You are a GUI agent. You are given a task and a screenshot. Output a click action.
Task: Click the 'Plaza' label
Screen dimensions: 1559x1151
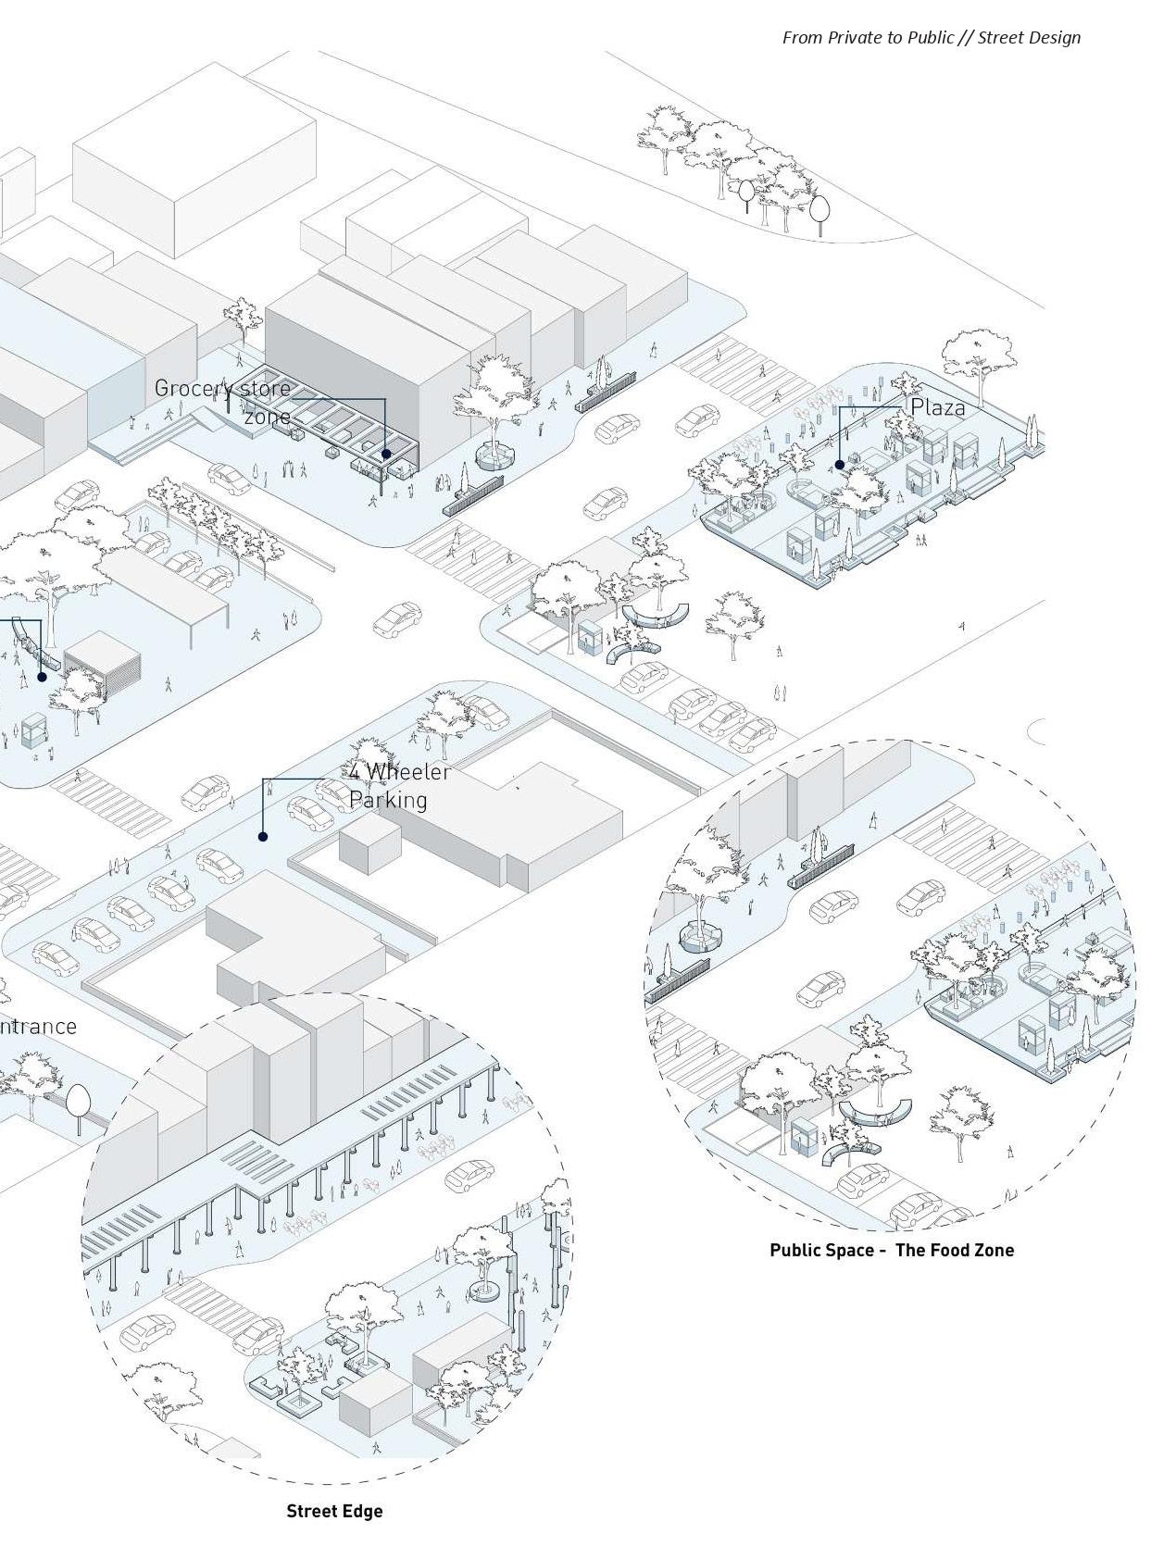937,407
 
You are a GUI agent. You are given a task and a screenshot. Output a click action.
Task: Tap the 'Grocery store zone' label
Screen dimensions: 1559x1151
223,402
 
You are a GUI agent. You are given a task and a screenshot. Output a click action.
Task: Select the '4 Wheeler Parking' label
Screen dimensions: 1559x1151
400,786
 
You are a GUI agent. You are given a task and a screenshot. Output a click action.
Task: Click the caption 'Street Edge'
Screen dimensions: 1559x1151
334,1511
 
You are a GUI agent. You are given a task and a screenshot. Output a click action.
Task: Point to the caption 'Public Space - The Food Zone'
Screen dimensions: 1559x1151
892,1250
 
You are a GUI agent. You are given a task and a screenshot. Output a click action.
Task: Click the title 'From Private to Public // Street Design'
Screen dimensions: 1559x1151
931,38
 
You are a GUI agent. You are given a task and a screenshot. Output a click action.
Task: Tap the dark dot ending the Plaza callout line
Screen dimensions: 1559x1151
839,465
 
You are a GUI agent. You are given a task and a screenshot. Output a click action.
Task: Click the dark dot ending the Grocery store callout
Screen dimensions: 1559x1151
386,454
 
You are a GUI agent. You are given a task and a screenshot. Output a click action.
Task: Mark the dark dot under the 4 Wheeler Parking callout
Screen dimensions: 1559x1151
263,837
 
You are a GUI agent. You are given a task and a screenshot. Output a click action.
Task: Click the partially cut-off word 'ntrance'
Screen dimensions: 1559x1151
38,1026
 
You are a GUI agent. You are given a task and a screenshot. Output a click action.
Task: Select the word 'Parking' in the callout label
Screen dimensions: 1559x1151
388,800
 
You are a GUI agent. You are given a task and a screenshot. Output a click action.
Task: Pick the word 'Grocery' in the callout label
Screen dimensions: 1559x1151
188,389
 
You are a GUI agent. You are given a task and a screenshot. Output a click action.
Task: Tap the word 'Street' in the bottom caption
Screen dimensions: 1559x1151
312,1511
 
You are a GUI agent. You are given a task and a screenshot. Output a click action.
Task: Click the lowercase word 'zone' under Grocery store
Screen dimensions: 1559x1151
268,418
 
